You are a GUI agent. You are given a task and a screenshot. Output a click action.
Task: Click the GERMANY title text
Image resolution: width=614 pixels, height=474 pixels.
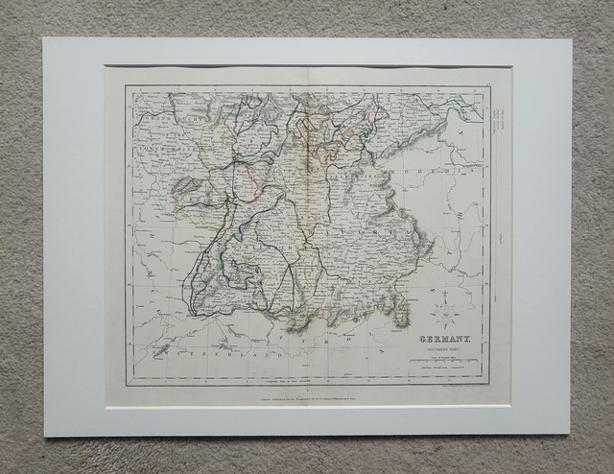pos(443,339)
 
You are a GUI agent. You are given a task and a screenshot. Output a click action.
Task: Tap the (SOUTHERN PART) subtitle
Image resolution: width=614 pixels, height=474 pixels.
pos(443,351)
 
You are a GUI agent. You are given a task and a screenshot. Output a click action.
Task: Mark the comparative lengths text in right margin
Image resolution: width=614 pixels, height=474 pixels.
pos(496,120)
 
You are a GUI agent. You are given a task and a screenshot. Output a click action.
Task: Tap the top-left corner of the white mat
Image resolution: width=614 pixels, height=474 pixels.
pos(44,39)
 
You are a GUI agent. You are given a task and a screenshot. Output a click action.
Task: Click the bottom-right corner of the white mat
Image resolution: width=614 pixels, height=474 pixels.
pos(573,435)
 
